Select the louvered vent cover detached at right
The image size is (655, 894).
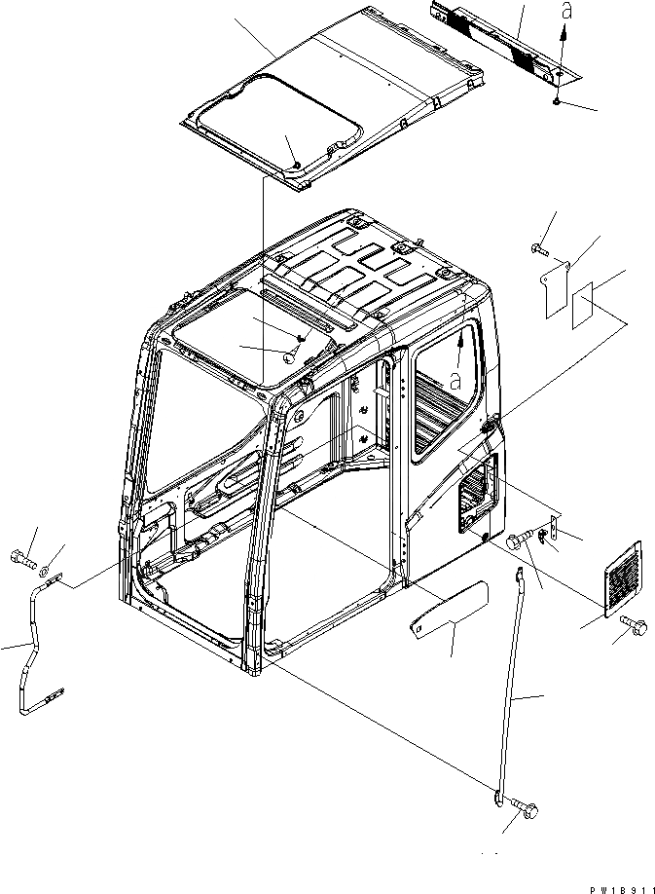(x=623, y=577)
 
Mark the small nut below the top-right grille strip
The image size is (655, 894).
(x=553, y=101)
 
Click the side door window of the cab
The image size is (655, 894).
(x=447, y=390)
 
